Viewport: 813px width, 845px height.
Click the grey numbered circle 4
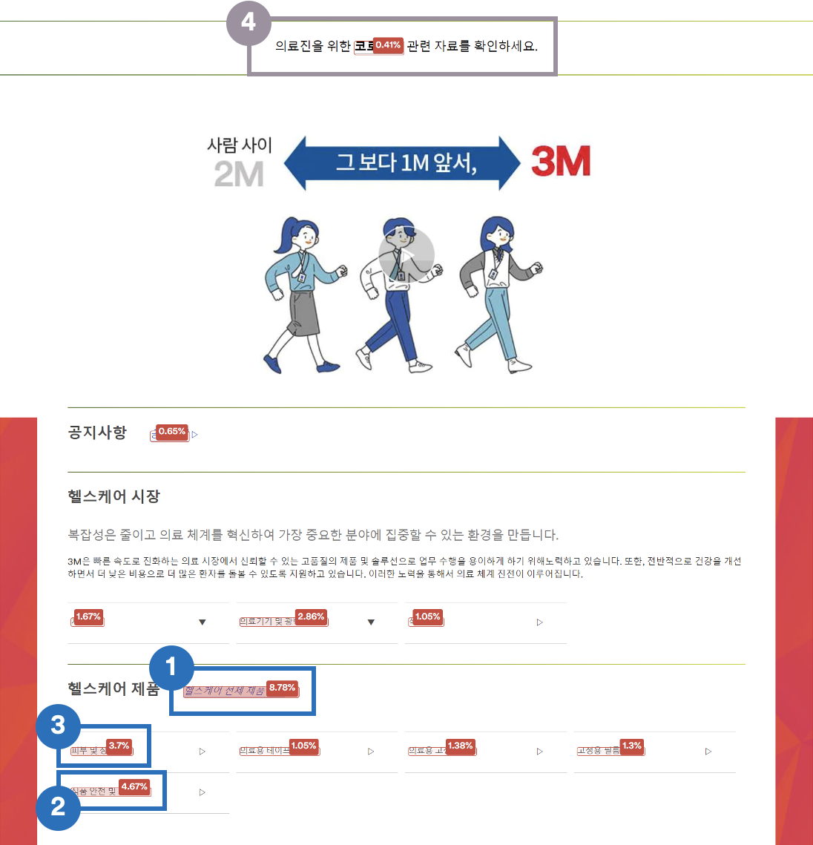tap(248, 24)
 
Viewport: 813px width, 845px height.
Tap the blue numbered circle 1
tap(171, 667)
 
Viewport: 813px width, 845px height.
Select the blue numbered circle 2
tap(58, 807)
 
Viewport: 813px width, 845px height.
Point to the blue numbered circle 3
tap(58, 726)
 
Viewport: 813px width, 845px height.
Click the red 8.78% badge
tap(282, 688)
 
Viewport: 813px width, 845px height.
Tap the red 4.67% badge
tap(134, 786)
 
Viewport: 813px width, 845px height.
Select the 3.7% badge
tap(119, 746)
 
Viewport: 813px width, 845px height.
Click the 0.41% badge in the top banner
tap(387, 45)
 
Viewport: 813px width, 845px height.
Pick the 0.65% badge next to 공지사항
tap(172, 432)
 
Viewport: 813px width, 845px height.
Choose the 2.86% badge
tap(311, 617)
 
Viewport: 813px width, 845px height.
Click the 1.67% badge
tap(88, 617)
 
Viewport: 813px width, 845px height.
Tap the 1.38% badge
tap(460, 746)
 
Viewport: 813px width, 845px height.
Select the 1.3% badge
tap(631, 746)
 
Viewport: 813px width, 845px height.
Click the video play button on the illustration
tap(406, 254)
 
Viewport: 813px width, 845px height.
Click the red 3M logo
tap(561, 162)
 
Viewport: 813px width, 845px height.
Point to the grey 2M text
tap(239, 174)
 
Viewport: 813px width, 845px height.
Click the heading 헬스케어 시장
tap(113, 496)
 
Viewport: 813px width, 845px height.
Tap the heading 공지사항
tap(97, 432)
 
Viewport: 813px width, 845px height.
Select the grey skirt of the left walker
tap(302, 313)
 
